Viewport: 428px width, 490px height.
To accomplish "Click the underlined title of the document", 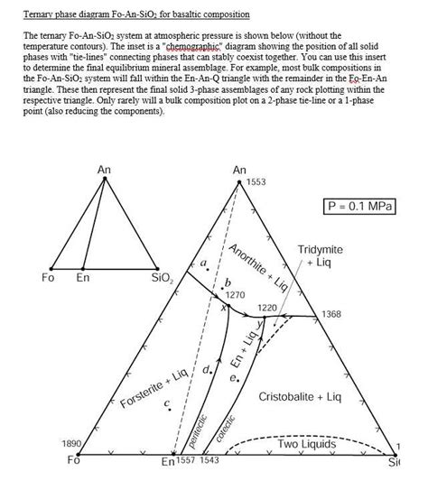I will point(126,15).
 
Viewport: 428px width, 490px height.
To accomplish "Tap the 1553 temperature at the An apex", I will point(256,181).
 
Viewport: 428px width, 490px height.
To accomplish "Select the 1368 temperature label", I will point(332,312).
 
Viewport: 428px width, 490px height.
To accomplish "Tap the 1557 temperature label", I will point(187,461).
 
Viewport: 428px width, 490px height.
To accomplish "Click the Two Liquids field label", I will point(306,445).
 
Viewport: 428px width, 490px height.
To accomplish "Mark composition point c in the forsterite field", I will point(168,403).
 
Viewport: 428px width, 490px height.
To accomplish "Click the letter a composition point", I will point(205,263).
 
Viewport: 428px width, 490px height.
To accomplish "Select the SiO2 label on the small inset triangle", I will point(163,278).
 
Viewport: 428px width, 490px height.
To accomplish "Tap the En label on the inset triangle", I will point(83,278).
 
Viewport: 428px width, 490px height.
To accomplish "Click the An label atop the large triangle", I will point(239,170).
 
